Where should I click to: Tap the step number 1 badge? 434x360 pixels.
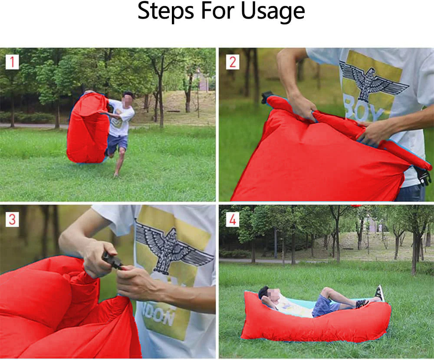pos(12,62)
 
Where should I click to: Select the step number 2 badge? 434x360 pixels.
pos(233,62)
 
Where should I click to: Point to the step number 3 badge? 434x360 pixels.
pos(12,219)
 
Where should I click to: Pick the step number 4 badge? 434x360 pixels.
pos(233,219)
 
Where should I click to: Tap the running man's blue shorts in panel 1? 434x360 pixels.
pos(117,143)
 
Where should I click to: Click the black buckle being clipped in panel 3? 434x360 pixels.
pos(112,260)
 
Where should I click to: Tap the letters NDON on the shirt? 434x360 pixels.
pos(158,315)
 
